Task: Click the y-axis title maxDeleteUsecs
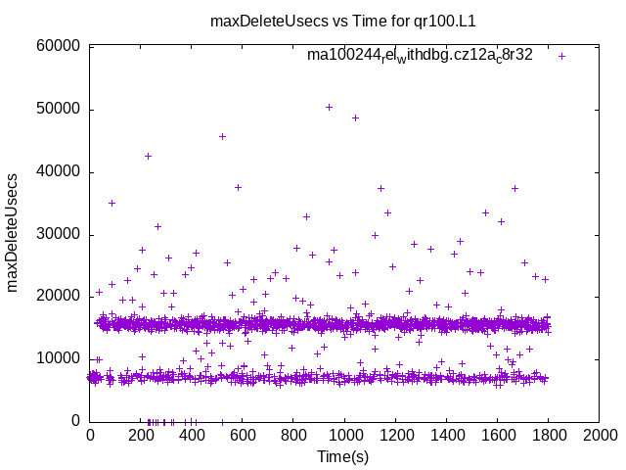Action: click(x=14, y=233)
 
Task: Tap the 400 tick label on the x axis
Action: click(x=192, y=434)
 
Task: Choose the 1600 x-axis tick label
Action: click(x=497, y=434)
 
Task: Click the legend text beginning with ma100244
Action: click(x=420, y=56)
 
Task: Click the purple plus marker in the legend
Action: click(x=561, y=56)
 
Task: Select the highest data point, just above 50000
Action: click(x=329, y=107)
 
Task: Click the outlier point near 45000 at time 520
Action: click(x=222, y=136)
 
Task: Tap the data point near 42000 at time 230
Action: click(x=148, y=156)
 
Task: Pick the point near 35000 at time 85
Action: click(x=112, y=203)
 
